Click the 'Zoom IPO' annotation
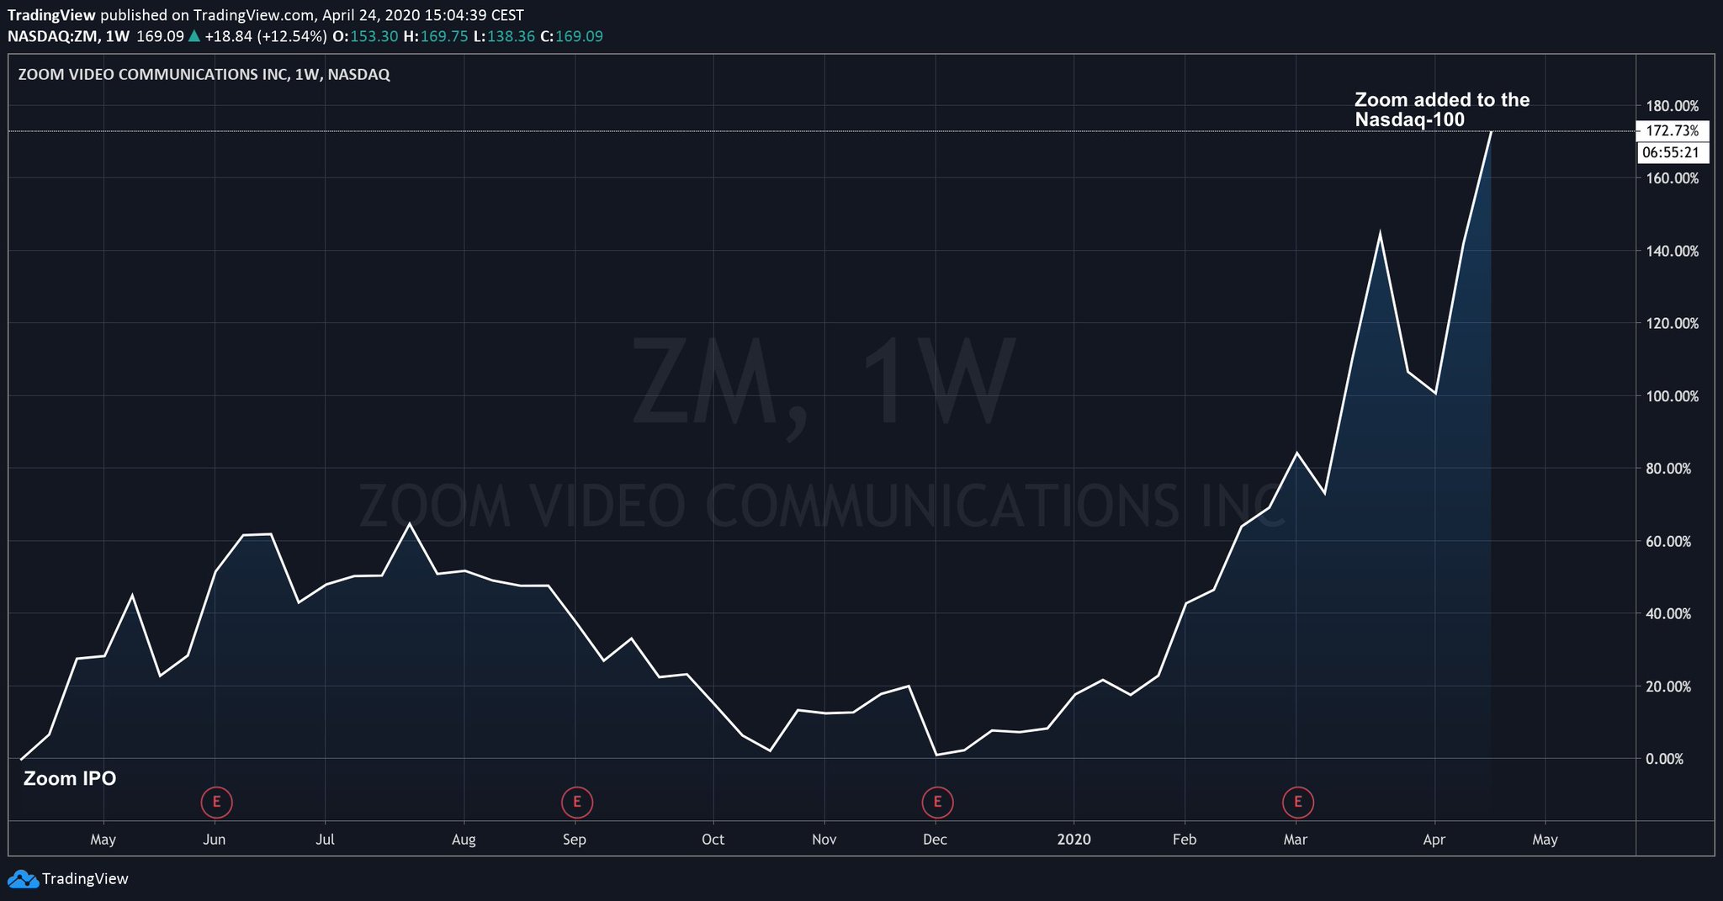tap(70, 779)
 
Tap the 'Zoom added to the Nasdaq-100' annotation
tap(1441, 110)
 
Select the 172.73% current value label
tap(1672, 130)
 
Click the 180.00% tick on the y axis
tap(1672, 106)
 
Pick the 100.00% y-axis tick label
tap(1672, 396)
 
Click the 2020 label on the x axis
tap(1074, 840)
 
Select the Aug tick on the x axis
tap(464, 840)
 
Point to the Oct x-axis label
tap(713, 840)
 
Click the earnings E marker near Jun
tap(216, 802)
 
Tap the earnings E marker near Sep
tap(577, 802)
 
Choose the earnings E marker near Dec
tap(937, 802)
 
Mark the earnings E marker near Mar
tap(1297, 802)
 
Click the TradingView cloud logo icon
tap(23, 879)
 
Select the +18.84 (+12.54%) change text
tap(265, 36)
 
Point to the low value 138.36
tap(511, 36)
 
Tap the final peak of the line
tap(1491, 132)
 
